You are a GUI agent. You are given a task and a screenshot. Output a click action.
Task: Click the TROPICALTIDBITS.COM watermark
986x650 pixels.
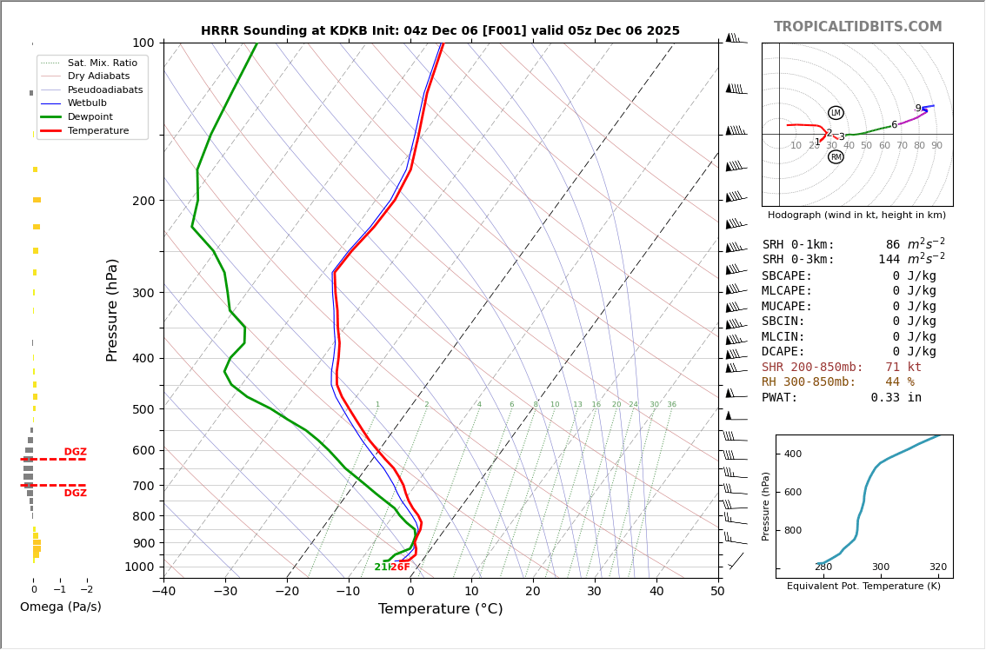point(857,27)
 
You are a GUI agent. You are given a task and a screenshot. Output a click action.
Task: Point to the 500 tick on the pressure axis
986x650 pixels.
point(143,409)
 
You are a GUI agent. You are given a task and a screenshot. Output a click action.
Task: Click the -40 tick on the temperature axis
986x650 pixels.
point(163,592)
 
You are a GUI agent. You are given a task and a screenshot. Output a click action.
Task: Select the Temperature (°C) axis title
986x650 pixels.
point(440,609)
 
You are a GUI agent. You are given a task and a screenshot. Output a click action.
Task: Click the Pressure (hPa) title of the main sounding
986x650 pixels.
point(112,309)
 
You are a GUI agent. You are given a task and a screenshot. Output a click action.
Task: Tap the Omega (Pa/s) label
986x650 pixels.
point(61,607)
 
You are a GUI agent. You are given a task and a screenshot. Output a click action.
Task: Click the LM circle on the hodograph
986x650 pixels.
point(836,113)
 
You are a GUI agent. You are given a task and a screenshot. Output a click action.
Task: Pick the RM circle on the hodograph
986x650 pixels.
point(836,157)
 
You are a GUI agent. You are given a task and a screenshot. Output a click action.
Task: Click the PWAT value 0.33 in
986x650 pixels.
point(896,398)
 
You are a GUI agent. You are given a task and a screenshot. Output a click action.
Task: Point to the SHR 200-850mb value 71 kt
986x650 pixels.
point(903,368)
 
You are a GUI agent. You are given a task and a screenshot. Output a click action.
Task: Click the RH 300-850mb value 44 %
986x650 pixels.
point(900,382)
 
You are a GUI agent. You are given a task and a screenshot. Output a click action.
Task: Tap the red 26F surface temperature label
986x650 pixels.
point(400,567)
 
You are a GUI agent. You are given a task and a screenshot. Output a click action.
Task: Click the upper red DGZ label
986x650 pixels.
point(76,452)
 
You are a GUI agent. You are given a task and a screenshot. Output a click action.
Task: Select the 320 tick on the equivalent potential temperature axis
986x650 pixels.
point(937,567)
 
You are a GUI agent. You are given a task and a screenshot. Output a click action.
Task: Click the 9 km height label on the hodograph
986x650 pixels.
point(917,109)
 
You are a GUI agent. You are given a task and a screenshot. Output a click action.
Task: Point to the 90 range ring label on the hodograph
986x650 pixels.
point(936,146)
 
